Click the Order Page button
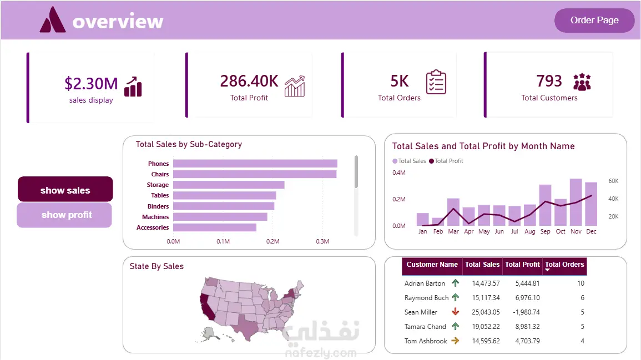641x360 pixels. pyautogui.click(x=594, y=20)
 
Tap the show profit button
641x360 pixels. pyautogui.click(x=64, y=215)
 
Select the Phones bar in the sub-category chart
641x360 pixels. pyautogui.click(x=255, y=164)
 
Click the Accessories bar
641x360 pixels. pyautogui.click(x=215, y=227)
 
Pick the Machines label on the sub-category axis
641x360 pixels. pyautogui.click(x=155, y=217)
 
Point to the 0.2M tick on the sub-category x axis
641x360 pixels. pyautogui.click(x=272, y=241)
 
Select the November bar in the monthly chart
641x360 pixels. pyautogui.click(x=576, y=202)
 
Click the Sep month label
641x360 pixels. pyautogui.click(x=546, y=231)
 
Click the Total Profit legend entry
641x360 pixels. pyautogui.click(x=446, y=161)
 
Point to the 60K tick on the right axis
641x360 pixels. pyautogui.click(x=613, y=181)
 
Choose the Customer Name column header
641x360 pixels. pyautogui.click(x=432, y=265)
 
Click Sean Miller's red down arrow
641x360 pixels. pyautogui.click(x=456, y=312)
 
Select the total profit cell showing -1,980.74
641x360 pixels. pyautogui.click(x=527, y=312)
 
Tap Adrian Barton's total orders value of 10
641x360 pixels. pyautogui.click(x=581, y=283)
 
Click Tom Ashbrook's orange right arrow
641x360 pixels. pyautogui.click(x=455, y=341)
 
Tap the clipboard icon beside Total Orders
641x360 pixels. pyautogui.click(x=436, y=82)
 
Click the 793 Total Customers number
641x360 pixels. pyautogui.click(x=549, y=81)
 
